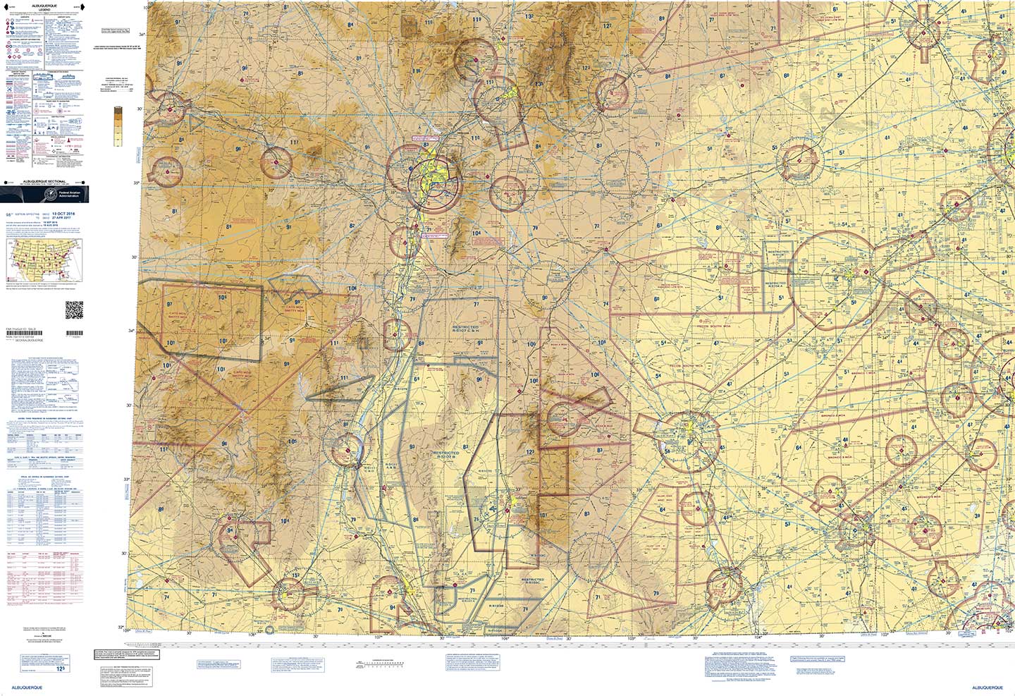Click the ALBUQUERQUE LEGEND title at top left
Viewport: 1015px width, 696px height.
44,9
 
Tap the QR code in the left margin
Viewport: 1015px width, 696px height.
74,310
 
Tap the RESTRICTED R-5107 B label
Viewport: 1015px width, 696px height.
446,455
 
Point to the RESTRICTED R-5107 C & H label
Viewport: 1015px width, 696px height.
465,329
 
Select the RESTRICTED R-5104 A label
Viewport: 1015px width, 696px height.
775,288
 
